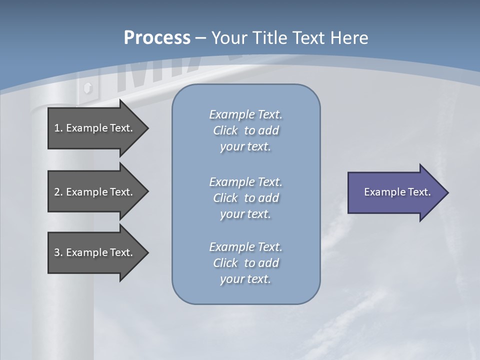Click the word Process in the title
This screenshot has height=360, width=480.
click(x=157, y=37)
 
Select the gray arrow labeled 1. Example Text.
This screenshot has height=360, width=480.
click(x=95, y=128)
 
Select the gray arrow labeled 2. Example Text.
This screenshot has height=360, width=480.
click(x=95, y=192)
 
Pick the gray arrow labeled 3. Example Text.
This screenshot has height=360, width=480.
click(x=95, y=252)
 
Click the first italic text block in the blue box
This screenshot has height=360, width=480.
click(x=245, y=130)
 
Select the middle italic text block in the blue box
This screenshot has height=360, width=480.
click(x=245, y=198)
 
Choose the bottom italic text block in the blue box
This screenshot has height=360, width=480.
click(x=245, y=263)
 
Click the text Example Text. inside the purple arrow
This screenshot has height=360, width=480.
click(x=397, y=192)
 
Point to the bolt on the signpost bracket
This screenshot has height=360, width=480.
click(x=88, y=88)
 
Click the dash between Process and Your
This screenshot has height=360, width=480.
click(x=201, y=38)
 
